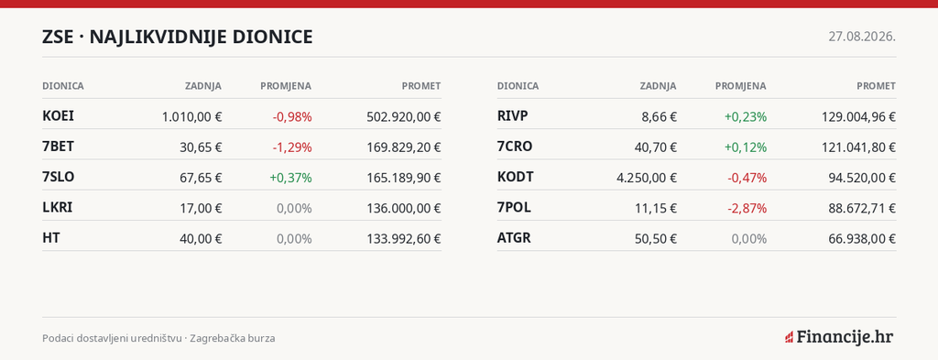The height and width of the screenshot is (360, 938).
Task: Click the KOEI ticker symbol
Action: pyautogui.click(x=58, y=116)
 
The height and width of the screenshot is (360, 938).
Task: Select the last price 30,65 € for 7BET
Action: pyautogui.click(x=201, y=147)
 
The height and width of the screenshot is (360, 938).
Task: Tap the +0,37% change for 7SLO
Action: pyautogui.click(x=290, y=178)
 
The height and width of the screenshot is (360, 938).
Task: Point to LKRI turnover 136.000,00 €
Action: pyautogui.click(x=404, y=208)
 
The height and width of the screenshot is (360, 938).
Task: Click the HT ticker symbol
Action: pyautogui.click(x=51, y=238)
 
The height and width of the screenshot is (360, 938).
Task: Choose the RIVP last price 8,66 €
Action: pyautogui.click(x=660, y=116)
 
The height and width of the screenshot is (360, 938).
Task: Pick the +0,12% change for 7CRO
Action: pyautogui.click(x=746, y=147)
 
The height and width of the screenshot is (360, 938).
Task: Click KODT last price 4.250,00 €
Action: pyautogui.click(x=647, y=178)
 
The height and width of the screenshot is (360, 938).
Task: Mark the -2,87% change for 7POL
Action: pyautogui.click(x=747, y=208)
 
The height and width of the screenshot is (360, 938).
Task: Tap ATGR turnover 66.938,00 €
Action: pyautogui.click(x=862, y=238)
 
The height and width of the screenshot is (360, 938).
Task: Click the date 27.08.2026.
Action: pyautogui.click(x=862, y=37)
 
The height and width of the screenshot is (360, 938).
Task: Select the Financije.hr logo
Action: pyautogui.click(x=839, y=337)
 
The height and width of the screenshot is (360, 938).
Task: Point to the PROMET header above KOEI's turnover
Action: pyautogui.click(x=421, y=86)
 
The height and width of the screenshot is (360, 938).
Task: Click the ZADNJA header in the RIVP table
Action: pyautogui.click(x=658, y=86)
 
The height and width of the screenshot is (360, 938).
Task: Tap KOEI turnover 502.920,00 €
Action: pyautogui.click(x=404, y=116)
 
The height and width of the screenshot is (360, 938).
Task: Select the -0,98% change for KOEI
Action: pyautogui.click(x=292, y=116)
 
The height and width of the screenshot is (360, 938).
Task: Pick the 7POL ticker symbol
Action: pyautogui.click(x=514, y=208)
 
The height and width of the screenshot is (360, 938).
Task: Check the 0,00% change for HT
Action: pyautogui.click(x=294, y=238)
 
